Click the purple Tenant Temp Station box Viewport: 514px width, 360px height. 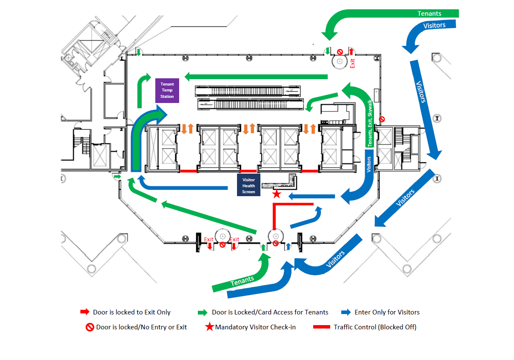coord(167,90)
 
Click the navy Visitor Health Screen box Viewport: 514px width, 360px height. coord(248,185)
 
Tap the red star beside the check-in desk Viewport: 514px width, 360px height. coord(277,194)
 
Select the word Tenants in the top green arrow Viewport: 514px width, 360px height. coord(429,14)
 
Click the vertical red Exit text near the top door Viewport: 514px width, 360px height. coord(352,63)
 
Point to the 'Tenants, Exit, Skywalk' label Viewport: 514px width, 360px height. coord(369,123)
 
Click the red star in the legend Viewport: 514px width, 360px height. coord(209,326)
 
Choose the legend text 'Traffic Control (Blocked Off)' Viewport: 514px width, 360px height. coord(375,327)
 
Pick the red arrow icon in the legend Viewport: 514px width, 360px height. coord(85,312)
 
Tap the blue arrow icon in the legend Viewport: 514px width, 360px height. coord(346,312)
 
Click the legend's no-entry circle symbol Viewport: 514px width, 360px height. coord(90,327)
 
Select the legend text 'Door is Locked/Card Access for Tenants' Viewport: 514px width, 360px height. coord(270,312)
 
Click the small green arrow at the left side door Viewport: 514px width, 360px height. coord(117,177)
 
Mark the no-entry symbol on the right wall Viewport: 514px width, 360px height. coord(382,119)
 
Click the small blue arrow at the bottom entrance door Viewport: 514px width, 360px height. coord(288,246)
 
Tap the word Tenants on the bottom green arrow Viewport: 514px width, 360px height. coord(242,281)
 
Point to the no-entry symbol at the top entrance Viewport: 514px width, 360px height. coord(340,52)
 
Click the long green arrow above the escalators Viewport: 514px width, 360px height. coord(256,77)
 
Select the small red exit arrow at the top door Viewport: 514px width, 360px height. coord(351,51)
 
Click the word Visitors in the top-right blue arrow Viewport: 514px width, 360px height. coord(434,25)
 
